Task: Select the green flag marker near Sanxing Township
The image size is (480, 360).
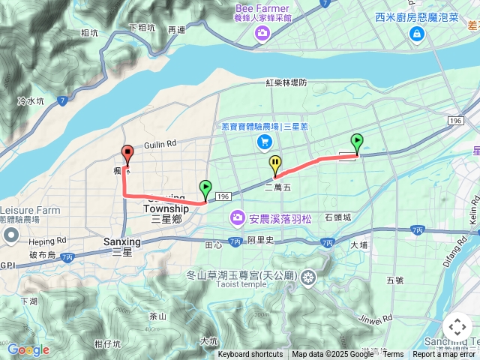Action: point(205,188)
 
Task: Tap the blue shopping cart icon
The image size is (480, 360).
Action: point(264,141)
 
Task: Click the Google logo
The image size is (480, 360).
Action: point(28,349)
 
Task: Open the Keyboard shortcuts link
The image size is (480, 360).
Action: point(250,355)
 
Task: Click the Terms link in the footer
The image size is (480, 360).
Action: point(393,355)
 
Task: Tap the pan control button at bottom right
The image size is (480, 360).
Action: point(457,327)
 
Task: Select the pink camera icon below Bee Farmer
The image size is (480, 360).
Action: point(262,32)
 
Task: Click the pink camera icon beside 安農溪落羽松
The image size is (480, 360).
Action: point(237,217)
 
